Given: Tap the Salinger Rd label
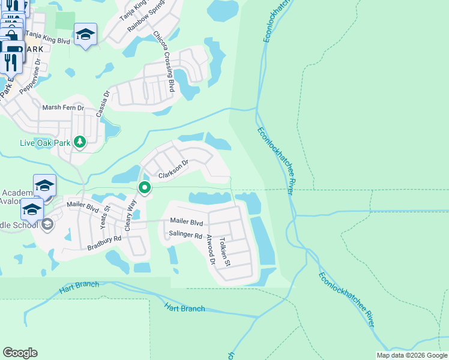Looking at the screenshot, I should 185,235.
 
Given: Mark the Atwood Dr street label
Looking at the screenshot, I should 210,250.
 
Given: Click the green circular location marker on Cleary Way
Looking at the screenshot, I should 145,188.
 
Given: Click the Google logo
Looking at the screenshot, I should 20,353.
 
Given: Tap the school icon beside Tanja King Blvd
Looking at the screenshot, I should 85,35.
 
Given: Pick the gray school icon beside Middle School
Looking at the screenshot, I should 47,224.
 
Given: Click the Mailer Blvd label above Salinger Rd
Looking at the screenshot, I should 187,221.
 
